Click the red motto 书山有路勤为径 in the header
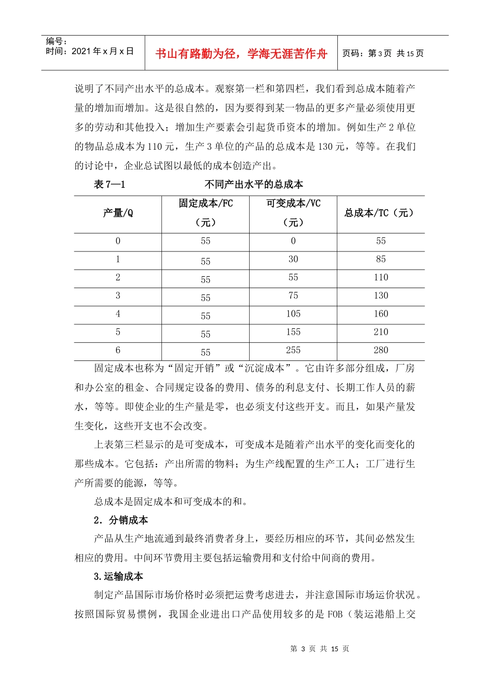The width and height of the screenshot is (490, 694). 241,53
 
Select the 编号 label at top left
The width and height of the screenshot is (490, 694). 56,41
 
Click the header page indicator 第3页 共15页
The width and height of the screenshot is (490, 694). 383,53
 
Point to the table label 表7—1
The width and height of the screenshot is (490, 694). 109,184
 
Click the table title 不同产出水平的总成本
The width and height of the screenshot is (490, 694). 254,184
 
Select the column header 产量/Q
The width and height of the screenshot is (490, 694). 118,213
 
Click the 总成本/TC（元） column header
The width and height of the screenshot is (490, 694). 381,213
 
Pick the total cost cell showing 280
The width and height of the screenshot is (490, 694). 381,350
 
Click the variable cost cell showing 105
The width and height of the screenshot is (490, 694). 293,314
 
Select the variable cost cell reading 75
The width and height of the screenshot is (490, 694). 293,295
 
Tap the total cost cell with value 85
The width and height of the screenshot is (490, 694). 381,259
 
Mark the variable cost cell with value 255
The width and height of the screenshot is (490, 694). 293,350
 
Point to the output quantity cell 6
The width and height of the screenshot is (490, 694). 118,350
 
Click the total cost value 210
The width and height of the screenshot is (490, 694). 381,332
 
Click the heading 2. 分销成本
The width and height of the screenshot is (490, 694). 121,520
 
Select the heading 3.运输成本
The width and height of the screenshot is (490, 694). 118,576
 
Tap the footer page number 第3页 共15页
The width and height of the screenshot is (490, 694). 320,649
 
